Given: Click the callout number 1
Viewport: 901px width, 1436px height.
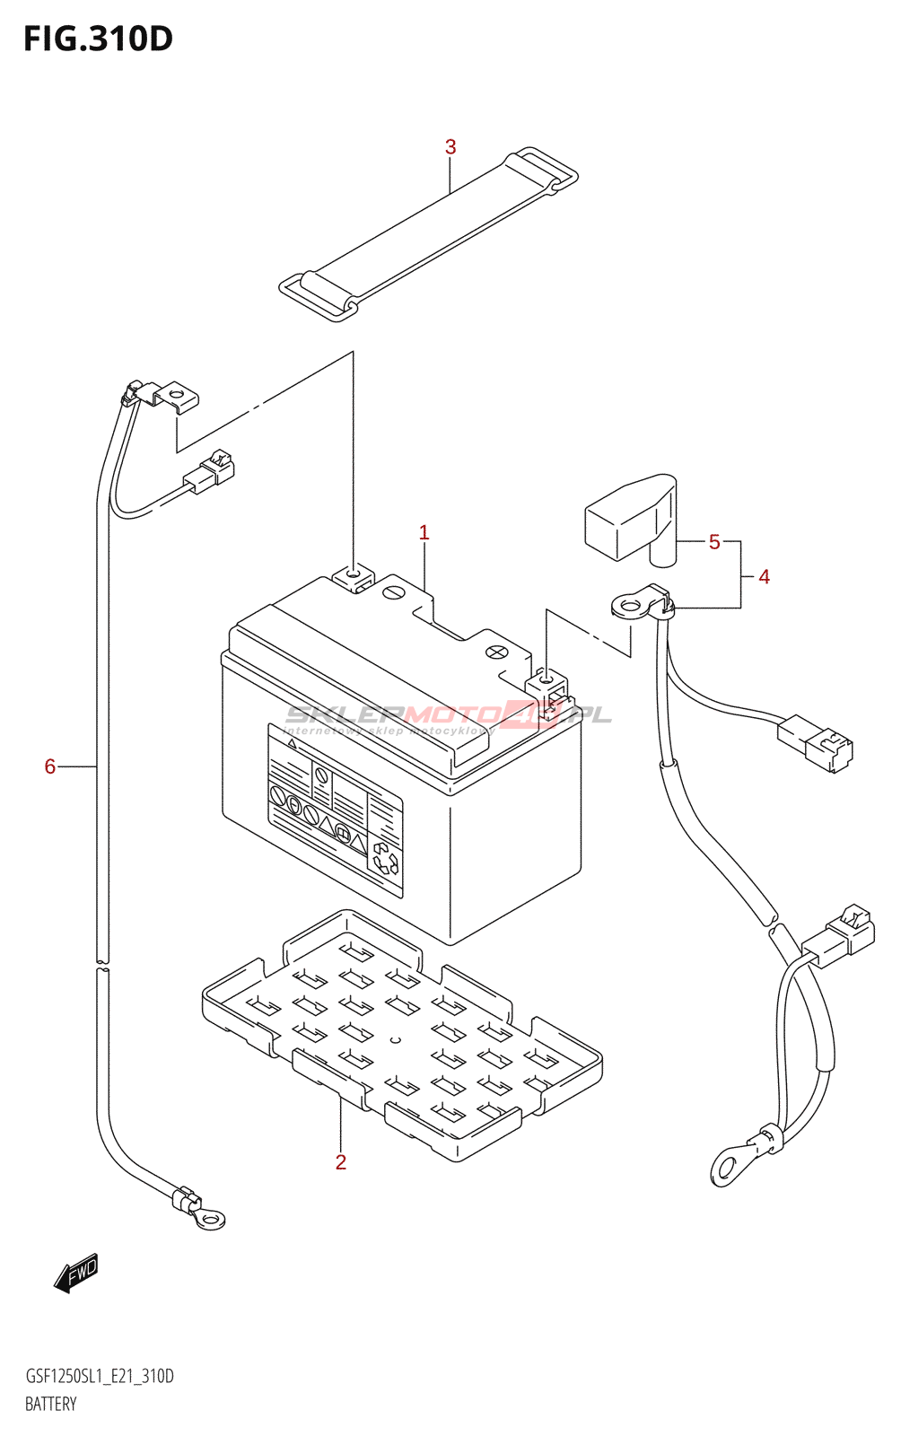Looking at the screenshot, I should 424,533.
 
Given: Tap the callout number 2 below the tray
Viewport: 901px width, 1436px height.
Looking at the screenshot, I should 340,1162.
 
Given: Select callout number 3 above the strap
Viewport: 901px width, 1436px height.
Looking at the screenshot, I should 450,147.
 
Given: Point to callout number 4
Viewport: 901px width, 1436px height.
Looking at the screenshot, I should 764,576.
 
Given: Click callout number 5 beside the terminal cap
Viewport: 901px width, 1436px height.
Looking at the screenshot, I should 714,542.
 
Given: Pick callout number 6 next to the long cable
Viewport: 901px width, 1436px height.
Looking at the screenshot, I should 50,766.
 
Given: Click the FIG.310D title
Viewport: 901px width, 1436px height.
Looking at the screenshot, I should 98,39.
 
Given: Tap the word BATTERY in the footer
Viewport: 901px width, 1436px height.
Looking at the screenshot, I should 51,1404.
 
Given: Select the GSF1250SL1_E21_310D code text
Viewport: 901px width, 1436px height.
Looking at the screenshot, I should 100,1376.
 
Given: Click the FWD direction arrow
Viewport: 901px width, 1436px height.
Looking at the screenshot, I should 76,1273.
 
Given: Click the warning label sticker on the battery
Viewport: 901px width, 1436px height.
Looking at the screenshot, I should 335,809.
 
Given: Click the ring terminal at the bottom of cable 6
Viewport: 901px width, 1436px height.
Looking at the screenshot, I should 210,1218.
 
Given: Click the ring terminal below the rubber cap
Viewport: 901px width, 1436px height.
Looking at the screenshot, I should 631,606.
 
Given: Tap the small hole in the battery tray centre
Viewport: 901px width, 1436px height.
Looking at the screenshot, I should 394,1041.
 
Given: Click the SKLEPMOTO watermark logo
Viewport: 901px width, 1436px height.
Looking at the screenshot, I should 449,716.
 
